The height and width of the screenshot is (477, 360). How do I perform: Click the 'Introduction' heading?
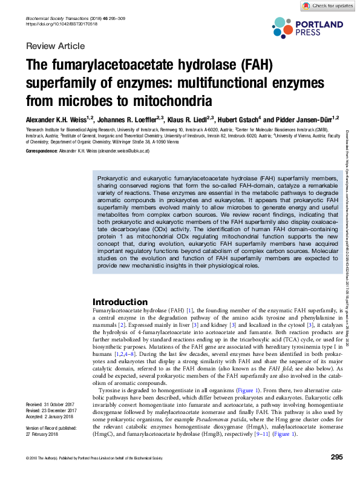tap(119, 302)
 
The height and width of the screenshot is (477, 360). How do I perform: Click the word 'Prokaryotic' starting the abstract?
tap(116, 179)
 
